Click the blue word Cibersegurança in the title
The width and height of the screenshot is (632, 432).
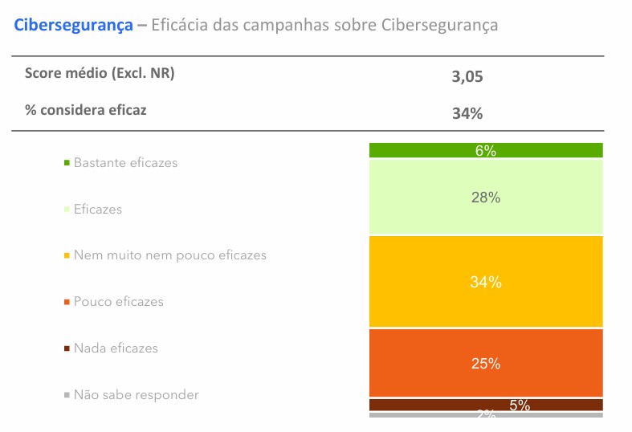[73, 25]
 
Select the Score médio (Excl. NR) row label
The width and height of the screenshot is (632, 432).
[100, 73]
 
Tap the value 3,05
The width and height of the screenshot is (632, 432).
[467, 77]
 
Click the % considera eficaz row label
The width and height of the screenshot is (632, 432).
[86, 110]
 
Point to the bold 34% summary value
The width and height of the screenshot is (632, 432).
[467, 114]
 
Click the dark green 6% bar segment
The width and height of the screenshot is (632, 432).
[486, 150]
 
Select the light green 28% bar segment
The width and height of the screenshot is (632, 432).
[486, 197]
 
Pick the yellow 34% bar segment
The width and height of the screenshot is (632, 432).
[486, 282]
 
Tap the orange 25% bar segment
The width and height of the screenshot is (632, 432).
[486, 363]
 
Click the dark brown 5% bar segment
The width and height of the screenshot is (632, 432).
[486, 405]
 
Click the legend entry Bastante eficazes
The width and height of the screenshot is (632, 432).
[125, 162]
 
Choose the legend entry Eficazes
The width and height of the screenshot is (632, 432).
[98, 209]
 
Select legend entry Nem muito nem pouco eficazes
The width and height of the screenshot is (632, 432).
[169, 255]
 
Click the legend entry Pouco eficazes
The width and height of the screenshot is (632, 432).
[118, 302]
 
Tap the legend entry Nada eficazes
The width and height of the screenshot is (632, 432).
[116, 348]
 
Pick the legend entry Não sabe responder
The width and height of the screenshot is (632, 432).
[136, 395]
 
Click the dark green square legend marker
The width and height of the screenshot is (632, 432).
[67, 162]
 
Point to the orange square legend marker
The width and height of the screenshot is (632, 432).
[67, 302]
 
